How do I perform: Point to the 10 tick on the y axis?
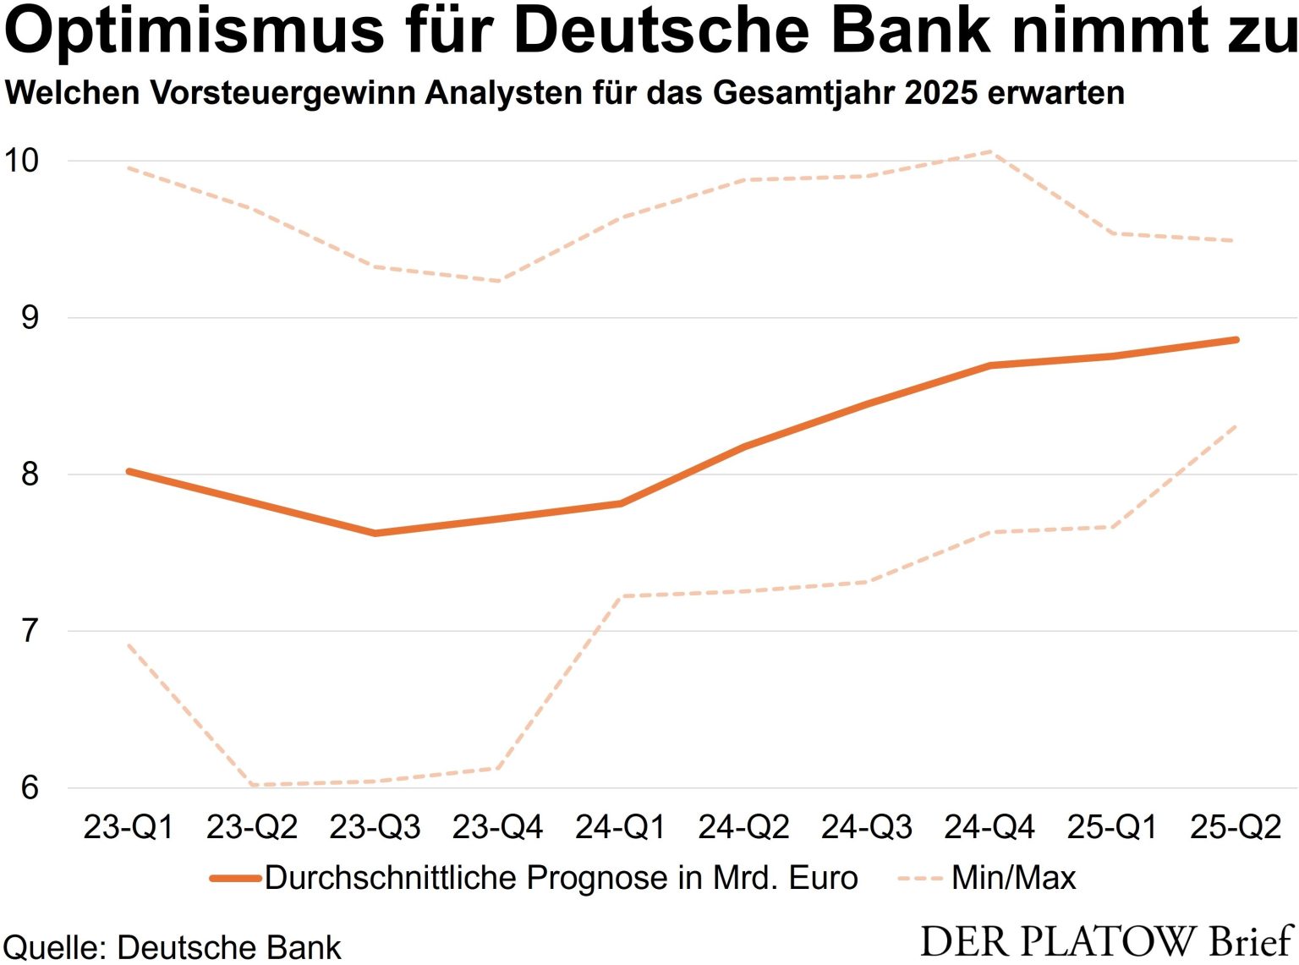click(x=22, y=160)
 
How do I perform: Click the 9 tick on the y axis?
click(x=30, y=317)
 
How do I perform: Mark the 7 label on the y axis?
click(x=30, y=631)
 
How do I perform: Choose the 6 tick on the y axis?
click(x=30, y=787)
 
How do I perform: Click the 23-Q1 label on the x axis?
click(x=129, y=826)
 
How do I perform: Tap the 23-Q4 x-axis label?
click(x=497, y=826)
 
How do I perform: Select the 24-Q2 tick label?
click(x=743, y=826)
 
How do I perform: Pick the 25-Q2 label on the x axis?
click(x=1236, y=826)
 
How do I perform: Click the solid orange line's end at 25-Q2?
click(x=1236, y=340)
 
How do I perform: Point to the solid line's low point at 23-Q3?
click(x=375, y=533)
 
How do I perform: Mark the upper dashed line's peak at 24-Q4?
click(x=989, y=152)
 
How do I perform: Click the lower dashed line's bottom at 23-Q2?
click(x=252, y=785)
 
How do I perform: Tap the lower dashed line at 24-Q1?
click(x=621, y=596)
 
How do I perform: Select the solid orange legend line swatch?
click(x=236, y=878)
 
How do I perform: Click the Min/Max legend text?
click(x=1013, y=878)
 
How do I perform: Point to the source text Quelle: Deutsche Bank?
click(x=172, y=947)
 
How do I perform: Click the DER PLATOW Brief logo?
click(x=1106, y=940)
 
